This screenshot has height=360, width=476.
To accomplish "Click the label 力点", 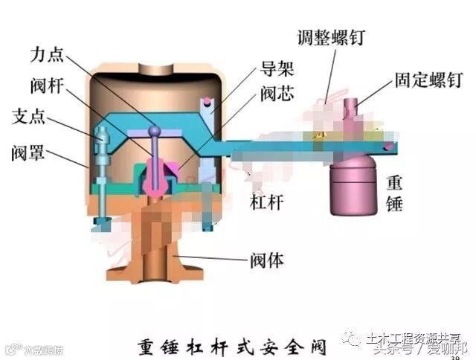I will pyautogui.click(x=47, y=56).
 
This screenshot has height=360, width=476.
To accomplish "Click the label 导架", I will pyautogui.click(x=277, y=71).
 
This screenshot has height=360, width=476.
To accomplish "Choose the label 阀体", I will pyautogui.click(x=266, y=261).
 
